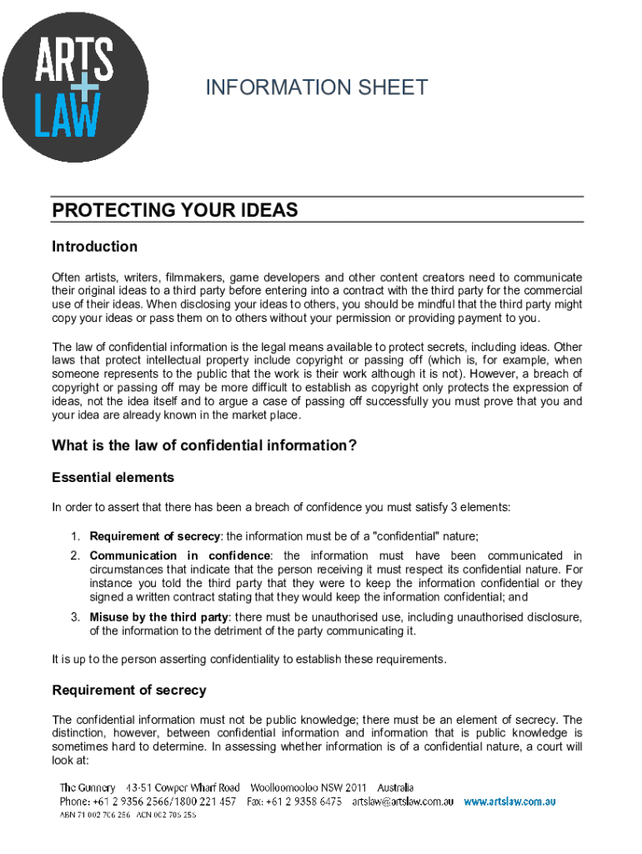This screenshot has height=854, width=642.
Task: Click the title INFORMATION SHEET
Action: pyautogui.click(x=317, y=88)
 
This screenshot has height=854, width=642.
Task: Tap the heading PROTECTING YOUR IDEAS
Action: pyautogui.click(x=175, y=210)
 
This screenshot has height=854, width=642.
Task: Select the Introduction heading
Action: pyautogui.click(x=94, y=247)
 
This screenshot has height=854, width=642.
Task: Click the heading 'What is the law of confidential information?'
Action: pyautogui.click(x=204, y=445)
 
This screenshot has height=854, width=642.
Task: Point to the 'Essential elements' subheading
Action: pyautogui.click(x=113, y=478)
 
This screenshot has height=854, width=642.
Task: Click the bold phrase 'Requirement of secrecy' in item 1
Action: pyautogui.click(x=155, y=536)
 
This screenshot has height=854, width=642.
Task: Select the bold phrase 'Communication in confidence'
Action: pyautogui.click(x=180, y=555)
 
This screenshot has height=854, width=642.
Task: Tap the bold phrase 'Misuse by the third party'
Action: pyautogui.click(x=158, y=617)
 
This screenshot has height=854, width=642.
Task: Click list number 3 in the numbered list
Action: pyautogui.click(x=74, y=617)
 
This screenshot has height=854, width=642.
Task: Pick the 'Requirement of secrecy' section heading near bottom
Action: pyautogui.click(x=128, y=691)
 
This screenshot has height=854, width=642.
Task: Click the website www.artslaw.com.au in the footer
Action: pyautogui.click(x=509, y=801)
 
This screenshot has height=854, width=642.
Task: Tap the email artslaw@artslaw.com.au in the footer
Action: pyautogui.click(x=402, y=801)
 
